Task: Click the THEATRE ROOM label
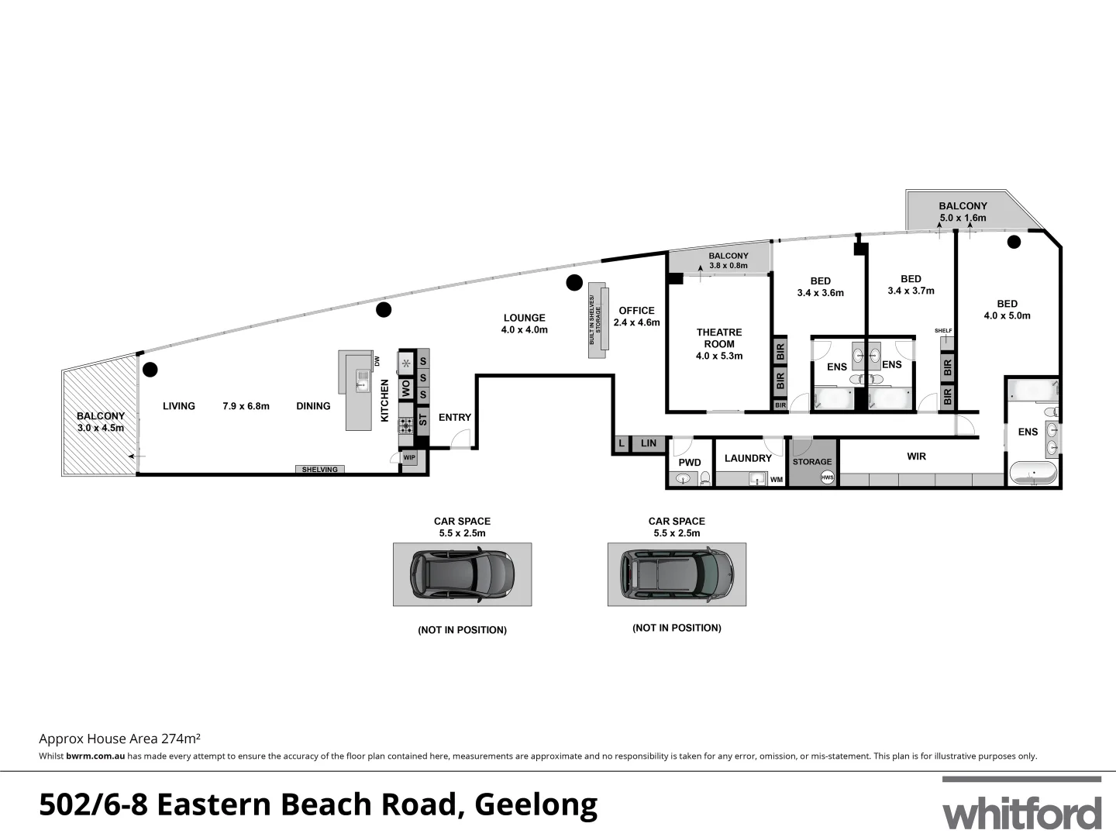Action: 719,338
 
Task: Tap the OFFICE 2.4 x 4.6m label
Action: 636,316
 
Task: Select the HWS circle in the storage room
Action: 828,477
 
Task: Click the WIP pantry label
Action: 409,458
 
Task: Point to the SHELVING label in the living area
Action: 320,470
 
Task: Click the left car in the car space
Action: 462,573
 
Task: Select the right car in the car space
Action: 677,573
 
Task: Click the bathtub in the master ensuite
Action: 1032,473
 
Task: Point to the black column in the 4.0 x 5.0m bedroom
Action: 1014,242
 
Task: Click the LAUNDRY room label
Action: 748,458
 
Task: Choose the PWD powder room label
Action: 689,463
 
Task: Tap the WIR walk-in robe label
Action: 916,456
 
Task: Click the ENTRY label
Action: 454,417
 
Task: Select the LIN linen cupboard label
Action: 649,443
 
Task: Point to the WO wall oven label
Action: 405,388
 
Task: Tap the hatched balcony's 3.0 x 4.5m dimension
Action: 101,428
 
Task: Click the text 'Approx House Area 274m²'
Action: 120,739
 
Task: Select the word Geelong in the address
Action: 536,805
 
